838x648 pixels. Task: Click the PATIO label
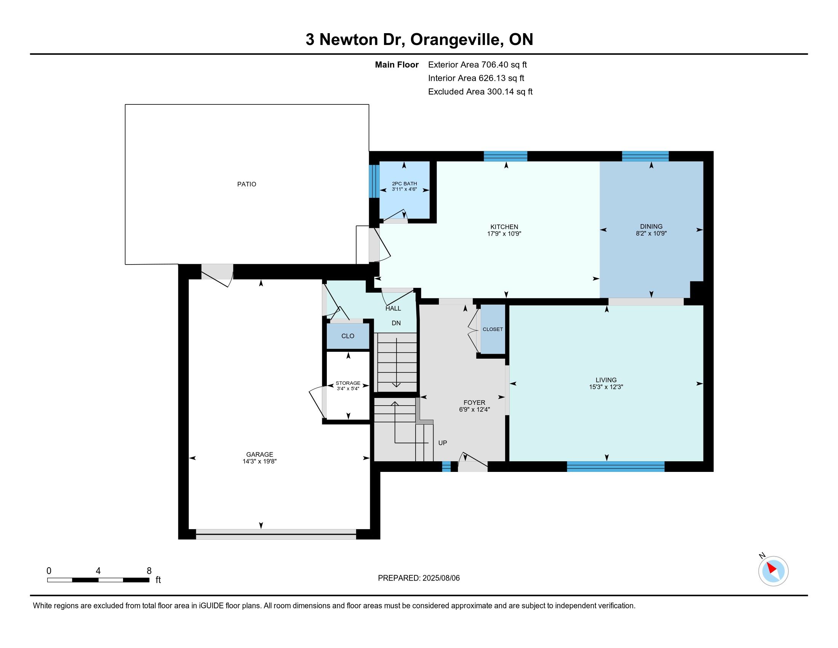(246, 184)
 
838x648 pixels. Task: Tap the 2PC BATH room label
(404, 183)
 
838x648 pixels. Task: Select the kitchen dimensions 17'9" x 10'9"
(504, 233)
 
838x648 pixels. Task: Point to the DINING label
(651, 226)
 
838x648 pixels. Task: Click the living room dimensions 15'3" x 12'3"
(606, 387)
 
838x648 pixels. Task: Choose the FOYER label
(474, 403)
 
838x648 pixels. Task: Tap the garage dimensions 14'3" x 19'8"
(259, 462)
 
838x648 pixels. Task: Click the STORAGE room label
(348, 383)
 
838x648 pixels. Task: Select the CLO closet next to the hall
(348, 336)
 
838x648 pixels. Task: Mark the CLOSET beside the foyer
(493, 329)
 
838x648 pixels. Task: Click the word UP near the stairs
(442, 443)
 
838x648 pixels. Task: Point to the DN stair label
(396, 323)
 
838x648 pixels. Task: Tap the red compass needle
(772, 568)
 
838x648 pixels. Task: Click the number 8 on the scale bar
(149, 571)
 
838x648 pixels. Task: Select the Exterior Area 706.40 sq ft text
(477, 65)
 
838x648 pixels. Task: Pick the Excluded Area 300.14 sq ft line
(480, 92)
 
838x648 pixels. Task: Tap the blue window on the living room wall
(616, 467)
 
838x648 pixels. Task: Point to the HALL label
(393, 308)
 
